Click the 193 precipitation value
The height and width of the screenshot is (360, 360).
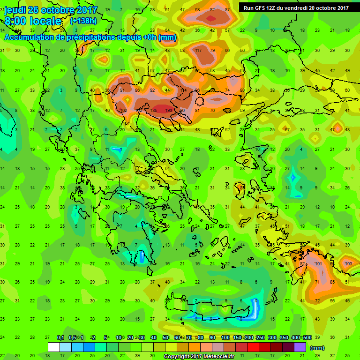coord(169,111)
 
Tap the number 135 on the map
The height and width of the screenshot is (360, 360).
coord(153,111)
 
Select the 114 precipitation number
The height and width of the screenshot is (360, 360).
coord(183,90)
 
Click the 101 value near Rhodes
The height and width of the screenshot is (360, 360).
coord(318,264)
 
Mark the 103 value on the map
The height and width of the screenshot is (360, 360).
coord(348,264)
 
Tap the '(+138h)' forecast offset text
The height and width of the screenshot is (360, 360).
coord(83,21)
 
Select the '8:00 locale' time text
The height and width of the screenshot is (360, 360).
coord(33,22)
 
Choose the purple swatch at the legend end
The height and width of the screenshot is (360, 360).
coord(300,347)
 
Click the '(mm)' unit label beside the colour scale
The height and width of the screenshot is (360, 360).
coord(317,348)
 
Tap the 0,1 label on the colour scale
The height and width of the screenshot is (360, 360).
coord(60,338)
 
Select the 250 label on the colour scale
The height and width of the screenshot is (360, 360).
coord(260,338)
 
